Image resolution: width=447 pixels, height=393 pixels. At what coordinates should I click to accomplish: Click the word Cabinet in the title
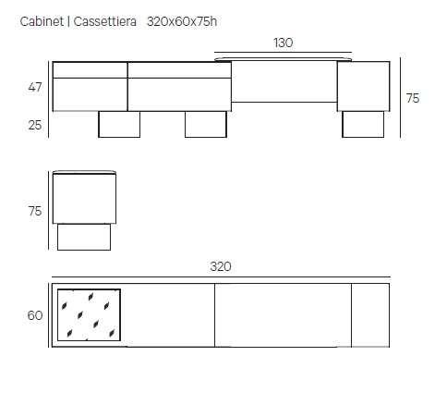tap(42, 21)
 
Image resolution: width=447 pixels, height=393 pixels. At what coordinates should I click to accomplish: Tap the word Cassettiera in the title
tap(104, 21)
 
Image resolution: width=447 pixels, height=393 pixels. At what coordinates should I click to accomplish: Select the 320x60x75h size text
tap(182, 21)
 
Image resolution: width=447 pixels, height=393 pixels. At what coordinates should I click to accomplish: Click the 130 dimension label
tap(283, 43)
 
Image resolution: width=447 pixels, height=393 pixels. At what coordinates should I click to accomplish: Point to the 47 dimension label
tap(35, 87)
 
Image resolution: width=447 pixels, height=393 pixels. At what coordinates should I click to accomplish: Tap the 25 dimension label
tap(35, 125)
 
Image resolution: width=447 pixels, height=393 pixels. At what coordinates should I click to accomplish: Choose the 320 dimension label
tap(221, 266)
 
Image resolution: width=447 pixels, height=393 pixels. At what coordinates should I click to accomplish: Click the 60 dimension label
tap(35, 315)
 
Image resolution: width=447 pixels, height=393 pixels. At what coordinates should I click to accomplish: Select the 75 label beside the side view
tap(35, 211)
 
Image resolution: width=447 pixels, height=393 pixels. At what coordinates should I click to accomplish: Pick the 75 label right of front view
tap(413, 98)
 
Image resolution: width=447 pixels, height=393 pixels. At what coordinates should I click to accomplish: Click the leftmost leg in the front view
tap(119, 124)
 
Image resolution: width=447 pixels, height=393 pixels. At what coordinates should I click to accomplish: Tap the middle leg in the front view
tap(206, 124)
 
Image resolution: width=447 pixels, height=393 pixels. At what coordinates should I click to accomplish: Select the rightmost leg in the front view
tap(363, 124)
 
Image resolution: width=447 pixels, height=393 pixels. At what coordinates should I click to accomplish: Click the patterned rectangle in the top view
tap(89, 315)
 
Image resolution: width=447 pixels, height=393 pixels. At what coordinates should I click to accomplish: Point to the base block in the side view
tap(84, 237)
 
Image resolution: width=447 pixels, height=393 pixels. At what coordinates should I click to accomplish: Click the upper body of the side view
tap(84, 198)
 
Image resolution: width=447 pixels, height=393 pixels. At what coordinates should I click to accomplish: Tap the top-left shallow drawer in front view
tap(90, 70)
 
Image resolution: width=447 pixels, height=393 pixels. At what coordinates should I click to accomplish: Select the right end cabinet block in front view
tap(364, 86)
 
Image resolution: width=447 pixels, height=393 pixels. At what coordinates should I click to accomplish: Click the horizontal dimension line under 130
tap(283, 53)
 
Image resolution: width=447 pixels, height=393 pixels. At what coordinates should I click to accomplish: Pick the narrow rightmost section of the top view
tap(370, 315)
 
